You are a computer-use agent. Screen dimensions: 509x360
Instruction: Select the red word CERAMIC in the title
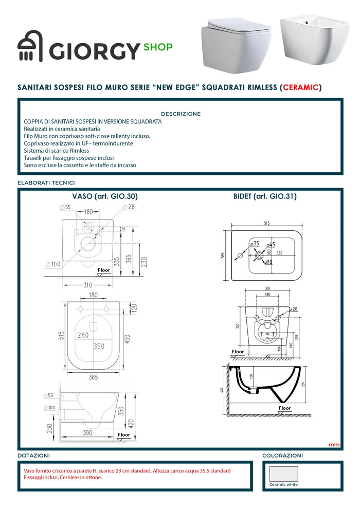point(300,87)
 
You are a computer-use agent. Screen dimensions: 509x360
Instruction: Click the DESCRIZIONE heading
point(181,114)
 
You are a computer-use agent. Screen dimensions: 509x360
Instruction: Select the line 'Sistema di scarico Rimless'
point(57,151)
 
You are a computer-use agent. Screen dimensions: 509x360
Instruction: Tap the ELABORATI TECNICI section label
point(46,183)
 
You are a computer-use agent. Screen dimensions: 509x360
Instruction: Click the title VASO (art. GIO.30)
point(105,196)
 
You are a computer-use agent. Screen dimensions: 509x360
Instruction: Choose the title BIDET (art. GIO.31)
point(265,196)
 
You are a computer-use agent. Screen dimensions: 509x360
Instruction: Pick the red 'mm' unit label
point(333,444)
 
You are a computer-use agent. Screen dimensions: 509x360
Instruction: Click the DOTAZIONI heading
point(34,456)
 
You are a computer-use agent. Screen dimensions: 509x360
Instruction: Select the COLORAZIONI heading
point(282,456)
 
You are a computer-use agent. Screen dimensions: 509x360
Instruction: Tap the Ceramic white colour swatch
point(283,473)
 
